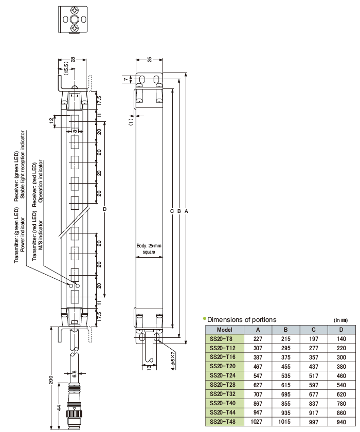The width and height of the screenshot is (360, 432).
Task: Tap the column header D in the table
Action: click(x=340, y=329)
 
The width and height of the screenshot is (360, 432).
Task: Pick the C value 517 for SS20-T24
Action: click(x=313, y=376)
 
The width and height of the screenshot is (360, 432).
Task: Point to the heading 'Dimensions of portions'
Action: click(x=241, y=320)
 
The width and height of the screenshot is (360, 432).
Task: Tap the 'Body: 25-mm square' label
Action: click(x=149, y=249)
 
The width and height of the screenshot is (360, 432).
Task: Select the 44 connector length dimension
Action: click(x=60, y=407)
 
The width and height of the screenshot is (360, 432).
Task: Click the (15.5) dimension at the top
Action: click(x=66, y=67)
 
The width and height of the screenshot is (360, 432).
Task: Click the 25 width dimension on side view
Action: click(x=149, y=60)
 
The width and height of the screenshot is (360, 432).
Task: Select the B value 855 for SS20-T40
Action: click(x=285, y=403)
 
